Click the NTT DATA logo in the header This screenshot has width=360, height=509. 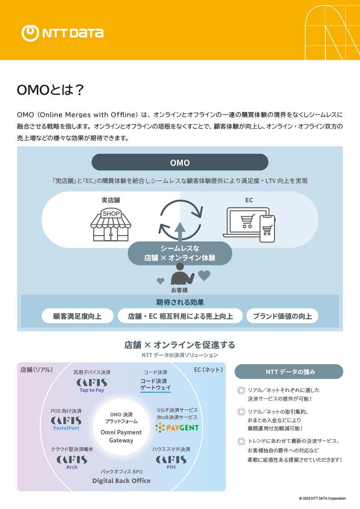coord(63,32)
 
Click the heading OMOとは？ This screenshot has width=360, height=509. coord(50,90)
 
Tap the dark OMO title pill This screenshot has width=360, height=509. coord(180,162)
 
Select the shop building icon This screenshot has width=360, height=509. coord(111,223)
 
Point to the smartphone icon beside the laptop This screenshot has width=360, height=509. coord(267,229)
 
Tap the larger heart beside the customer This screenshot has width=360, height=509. coord(204,275)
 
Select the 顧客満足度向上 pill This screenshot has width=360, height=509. coord(77,316)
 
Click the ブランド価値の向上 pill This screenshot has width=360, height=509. coord(282,316)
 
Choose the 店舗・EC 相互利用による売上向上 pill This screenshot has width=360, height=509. coord(180,316)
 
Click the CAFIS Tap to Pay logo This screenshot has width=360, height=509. coord(92,385)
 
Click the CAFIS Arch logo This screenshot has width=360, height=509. coord(72,462)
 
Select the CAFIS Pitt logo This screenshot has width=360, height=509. coord(171,462)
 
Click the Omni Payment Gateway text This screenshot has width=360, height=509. coord(121,436)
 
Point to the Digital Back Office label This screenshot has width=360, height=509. coord(121,481)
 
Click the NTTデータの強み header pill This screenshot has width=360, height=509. coord(289,372)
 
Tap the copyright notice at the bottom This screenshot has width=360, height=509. coord(322,499)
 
